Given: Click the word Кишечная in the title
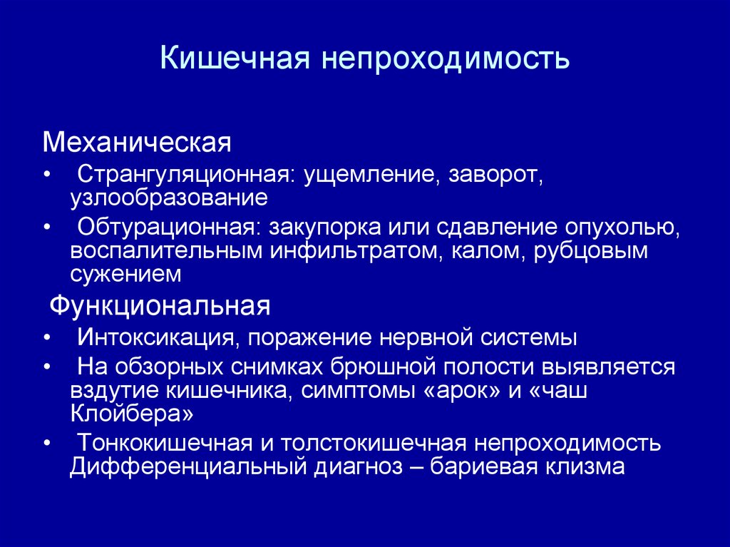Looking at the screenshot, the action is (x=235, y=58).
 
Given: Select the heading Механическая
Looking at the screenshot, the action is (x=138, y=142).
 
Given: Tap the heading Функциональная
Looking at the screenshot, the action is (x=160, y=306).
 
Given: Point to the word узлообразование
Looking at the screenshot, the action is (x=169, y=198).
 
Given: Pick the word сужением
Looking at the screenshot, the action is (x=125, y=274).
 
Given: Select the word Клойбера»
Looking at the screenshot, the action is (x=132, y=413).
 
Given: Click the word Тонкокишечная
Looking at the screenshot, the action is (x=165, y=443).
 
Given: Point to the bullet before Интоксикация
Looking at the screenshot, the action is (x=46, y=338).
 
